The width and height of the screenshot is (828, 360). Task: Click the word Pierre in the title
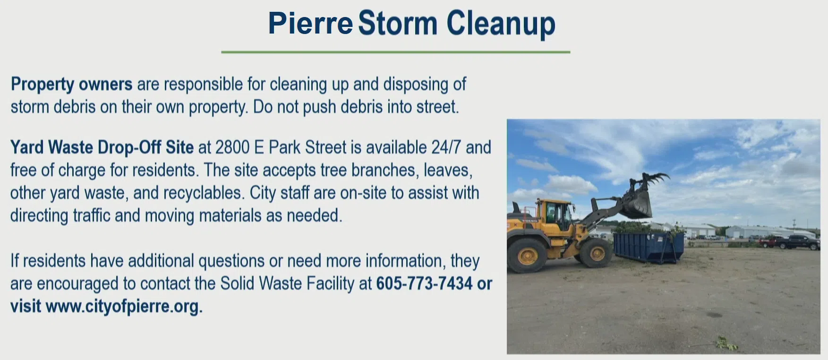click(310, 23)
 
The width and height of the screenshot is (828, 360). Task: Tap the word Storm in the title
click(398, 23)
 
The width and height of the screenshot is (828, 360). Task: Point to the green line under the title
click(396, 52)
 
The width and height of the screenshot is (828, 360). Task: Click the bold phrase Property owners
click(71, 84)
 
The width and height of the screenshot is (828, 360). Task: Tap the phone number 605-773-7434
click(424, 283)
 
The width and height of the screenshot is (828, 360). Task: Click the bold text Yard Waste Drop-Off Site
click(102, 147)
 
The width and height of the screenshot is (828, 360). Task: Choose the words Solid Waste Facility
click(287, 283)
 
